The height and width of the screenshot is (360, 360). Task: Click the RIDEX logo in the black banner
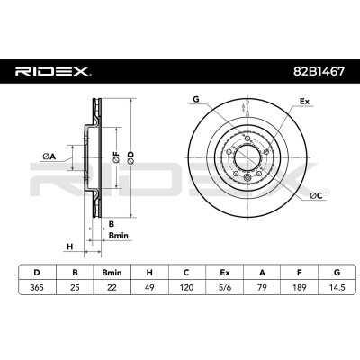point(53,71)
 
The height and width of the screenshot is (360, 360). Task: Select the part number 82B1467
point(319,71)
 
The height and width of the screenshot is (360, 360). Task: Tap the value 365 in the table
point(37,287)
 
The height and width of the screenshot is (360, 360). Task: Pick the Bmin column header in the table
point(112,273)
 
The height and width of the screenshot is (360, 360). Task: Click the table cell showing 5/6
point(224,287)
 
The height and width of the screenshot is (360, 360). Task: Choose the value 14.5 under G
point(337,287)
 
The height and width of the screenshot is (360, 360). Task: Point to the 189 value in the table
point(300,287)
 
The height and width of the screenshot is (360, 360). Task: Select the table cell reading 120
point(186,287)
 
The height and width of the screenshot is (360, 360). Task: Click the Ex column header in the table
point(224,273)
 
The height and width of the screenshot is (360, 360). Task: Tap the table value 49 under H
point(149,287)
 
